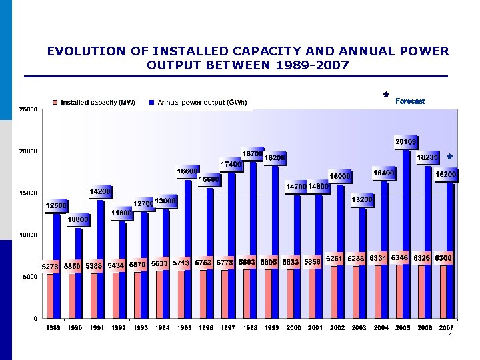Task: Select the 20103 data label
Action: [406, 141]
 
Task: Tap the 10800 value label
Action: [79, 219]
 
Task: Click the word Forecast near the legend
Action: [410, 101]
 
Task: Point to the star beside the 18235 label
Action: [450, 157]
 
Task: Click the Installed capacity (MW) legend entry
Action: [97, 102]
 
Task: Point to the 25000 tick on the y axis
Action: [27, 109]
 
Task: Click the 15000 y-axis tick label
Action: [27, 193]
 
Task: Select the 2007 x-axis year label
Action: [447, 328]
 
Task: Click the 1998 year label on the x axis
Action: [250, 328]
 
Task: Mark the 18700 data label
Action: [252, 153]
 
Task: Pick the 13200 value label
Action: [362, 199]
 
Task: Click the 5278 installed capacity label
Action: [51, 266]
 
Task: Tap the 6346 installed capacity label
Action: [401, 257]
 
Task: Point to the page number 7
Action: [449, 335]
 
